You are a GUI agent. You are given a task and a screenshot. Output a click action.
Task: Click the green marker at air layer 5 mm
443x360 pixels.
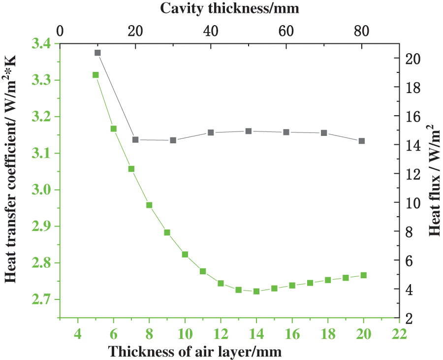(x=95, y=75)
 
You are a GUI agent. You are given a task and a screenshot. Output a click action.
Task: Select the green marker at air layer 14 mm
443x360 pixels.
(x=256, y=291)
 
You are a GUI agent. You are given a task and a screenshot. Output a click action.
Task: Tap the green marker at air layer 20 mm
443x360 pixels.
(x=364, y=275)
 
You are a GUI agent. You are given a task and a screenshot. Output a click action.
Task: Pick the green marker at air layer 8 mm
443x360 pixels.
(x=149, y=205)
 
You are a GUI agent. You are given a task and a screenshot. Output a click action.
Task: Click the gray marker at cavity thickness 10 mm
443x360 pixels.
(x=97, y=53)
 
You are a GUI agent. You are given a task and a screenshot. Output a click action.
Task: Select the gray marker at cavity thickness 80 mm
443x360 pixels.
(x=362, y=141)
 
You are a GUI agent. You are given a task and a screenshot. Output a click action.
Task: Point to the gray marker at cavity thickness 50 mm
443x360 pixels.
(x=249, y=131)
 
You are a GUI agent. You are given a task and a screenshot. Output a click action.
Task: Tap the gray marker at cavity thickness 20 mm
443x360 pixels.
(x=135, y=140)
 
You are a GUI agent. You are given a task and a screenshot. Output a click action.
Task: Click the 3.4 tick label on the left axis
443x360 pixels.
(x=41, y=44)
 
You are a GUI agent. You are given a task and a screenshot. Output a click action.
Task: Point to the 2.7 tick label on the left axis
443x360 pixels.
(x=41, y=299)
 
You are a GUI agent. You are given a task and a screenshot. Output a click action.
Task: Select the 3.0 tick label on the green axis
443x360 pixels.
(x=41, y=190)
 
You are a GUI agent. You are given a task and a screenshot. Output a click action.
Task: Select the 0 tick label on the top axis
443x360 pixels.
(x=60, y=31)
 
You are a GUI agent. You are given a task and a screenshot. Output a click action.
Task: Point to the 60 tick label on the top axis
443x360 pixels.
(x=286, y=31)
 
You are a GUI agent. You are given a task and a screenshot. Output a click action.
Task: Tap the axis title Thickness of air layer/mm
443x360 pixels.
(x=195, y=352)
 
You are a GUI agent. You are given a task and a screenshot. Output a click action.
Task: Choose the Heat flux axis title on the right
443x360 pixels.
(x=434, y=180)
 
